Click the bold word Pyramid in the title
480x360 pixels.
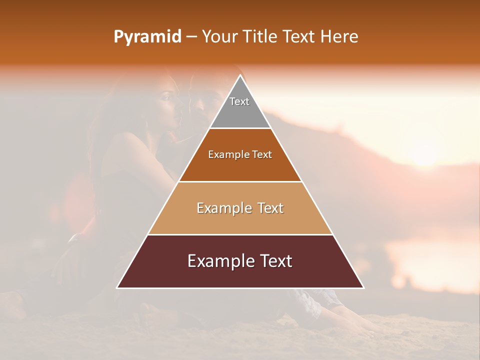147,37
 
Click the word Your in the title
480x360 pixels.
219,36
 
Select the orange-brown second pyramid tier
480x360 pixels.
240,165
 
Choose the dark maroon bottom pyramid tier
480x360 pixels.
240,272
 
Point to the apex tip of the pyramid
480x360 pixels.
240,76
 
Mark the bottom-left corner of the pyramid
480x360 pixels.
117,287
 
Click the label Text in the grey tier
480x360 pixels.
239,101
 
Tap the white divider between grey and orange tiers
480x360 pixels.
240,128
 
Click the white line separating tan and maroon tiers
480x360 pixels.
240,234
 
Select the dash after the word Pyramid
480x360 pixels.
191,37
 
